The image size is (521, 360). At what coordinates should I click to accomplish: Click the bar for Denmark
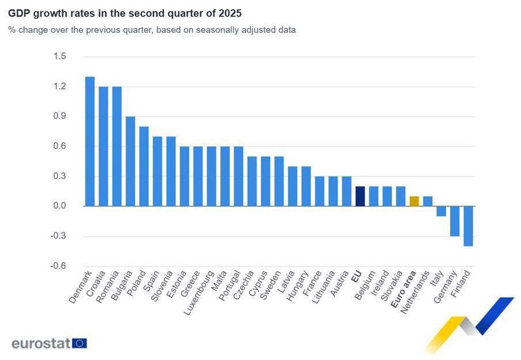90,141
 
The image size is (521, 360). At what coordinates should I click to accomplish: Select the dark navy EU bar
360,196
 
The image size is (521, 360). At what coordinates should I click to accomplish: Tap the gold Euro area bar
414,201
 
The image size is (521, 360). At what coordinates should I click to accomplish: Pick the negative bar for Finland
468,226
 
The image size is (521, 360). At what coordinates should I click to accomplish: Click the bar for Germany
455,221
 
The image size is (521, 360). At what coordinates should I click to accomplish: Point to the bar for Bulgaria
130,161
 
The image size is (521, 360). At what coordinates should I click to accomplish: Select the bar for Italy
441,211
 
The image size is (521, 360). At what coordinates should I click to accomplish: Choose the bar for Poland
144,166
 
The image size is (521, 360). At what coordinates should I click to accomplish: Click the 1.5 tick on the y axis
60,56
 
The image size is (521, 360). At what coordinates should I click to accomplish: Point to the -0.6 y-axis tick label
59,266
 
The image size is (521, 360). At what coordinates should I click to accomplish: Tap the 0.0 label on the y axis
60,206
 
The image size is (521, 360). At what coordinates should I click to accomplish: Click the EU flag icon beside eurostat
80,343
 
